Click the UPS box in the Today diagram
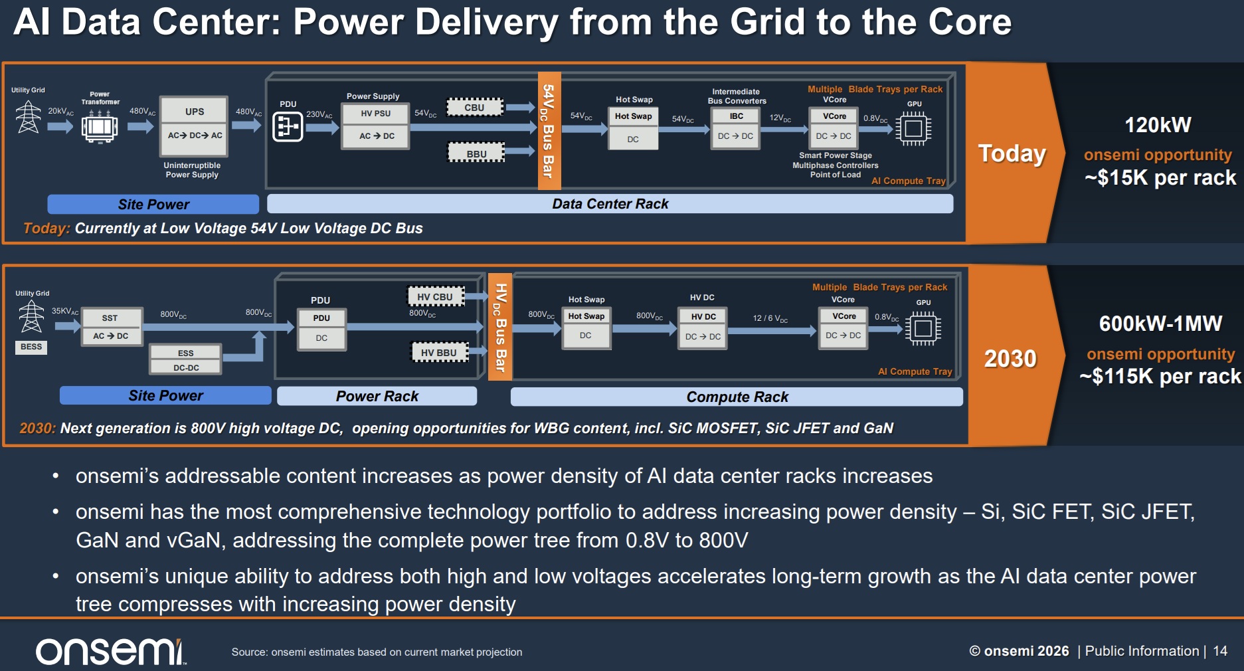click(195, 124)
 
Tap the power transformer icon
click(100, 126)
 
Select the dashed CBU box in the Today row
click(475, 107)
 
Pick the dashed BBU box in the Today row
click(476, 153)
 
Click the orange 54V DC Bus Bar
click(549, 130)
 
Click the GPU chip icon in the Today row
click(913, 128)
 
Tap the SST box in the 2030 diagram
click(111, 327)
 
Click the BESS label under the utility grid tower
click(31, 347)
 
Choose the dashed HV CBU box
click(435, 296)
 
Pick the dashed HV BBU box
click(439, 352)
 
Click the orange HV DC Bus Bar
click(500, 327)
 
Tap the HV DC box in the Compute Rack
click(703, 328)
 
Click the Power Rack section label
click(377, 396)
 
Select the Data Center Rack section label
click(610, 204)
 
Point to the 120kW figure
click(1158, 125)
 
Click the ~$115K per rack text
click(1160, 377)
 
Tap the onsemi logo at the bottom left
click(110, 652)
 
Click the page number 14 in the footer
click(1220, 651)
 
